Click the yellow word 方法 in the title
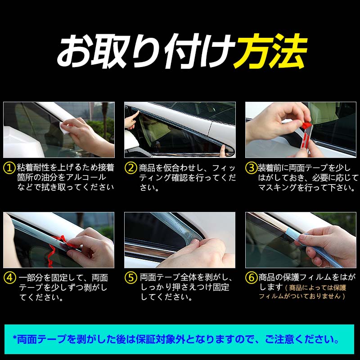pos(270,50)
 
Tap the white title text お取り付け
pos(144,50)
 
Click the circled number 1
pos(9,168)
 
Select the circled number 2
pos(130,168)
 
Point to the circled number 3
pos(251,168)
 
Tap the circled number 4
pos(9,278)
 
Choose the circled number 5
pos(130,278)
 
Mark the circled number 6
pos(251,278)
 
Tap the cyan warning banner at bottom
pos(180,338)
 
